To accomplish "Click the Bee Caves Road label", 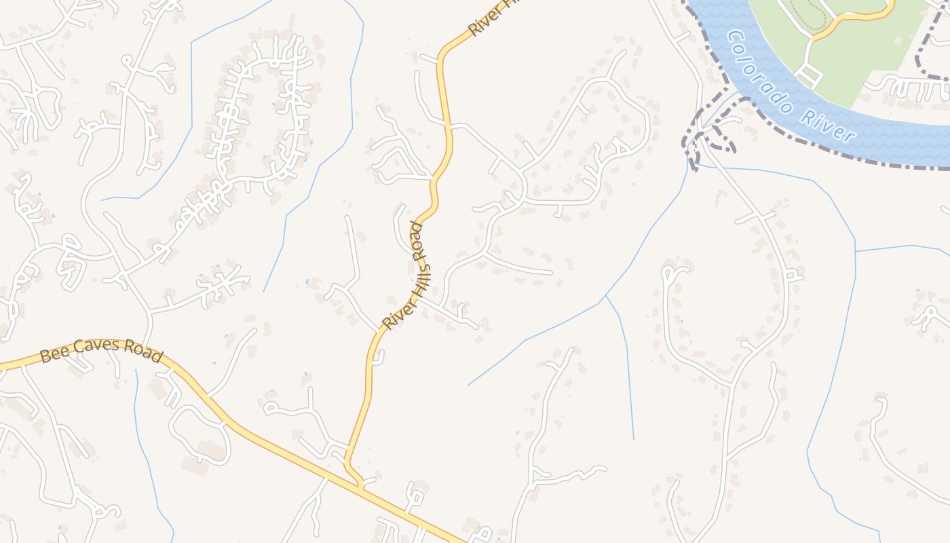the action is coord(102,350).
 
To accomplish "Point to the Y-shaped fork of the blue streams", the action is coord(605,297).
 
